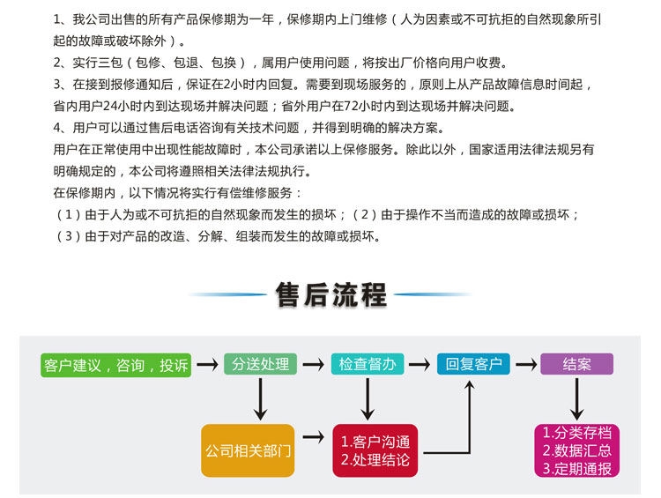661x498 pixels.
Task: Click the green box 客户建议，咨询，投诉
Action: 116,365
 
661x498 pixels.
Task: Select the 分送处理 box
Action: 260,364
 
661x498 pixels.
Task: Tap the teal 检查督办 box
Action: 368,364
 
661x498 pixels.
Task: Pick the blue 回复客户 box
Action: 473,364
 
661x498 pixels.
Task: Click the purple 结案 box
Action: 576,364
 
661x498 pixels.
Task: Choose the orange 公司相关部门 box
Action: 248,450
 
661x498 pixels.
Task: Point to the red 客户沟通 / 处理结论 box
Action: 375,450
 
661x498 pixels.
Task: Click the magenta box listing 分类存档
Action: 576,450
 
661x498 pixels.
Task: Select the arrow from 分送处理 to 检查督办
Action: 313,364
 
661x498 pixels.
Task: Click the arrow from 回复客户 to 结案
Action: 525,364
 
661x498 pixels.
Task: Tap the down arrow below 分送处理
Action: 260,399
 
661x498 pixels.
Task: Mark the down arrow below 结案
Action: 576,399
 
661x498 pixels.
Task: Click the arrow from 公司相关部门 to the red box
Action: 313,437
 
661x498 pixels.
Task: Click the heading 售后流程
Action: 330,294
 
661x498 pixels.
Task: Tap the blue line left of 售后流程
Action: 227,294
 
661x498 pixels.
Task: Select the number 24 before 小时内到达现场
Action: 110,106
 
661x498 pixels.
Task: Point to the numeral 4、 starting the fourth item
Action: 60,127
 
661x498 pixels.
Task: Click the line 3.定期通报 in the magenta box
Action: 576,469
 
